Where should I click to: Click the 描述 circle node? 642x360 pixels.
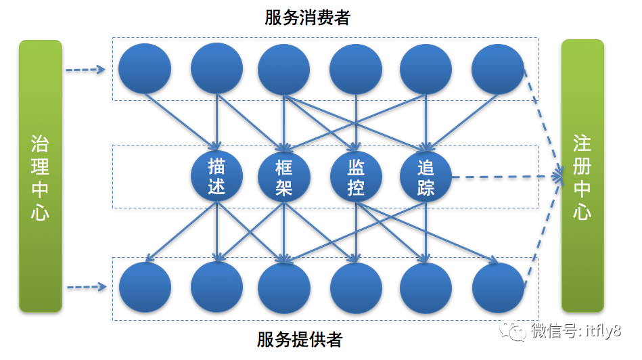[216, 177]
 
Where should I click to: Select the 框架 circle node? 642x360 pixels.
[283, 177]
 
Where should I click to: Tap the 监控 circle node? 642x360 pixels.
[356, 177]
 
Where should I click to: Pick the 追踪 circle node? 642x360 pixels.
[426, 177]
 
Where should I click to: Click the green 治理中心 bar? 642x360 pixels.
[41, 176]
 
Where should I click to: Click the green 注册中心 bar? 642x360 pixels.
[582, 176]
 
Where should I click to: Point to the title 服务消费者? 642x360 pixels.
[307, 17]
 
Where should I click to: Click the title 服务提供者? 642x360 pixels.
[300, 339]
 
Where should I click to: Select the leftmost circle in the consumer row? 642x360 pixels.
[145, 69]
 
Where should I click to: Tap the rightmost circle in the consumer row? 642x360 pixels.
[498, 69]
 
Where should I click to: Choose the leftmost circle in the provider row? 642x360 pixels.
[145, 288]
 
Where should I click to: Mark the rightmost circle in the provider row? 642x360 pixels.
[499, 288]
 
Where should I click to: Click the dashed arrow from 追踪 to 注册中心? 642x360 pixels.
[507, 177]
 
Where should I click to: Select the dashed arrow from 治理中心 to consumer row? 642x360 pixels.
[85, 70]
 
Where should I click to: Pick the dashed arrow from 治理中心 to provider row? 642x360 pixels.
[87, 287]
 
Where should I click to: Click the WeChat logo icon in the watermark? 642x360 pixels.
[512, 330]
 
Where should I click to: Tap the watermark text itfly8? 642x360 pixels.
[603, 330]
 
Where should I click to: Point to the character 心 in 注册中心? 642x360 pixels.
[582, 211]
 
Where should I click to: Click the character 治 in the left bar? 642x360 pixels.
[40, 144]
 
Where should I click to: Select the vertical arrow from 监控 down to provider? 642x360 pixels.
[356, 232]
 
